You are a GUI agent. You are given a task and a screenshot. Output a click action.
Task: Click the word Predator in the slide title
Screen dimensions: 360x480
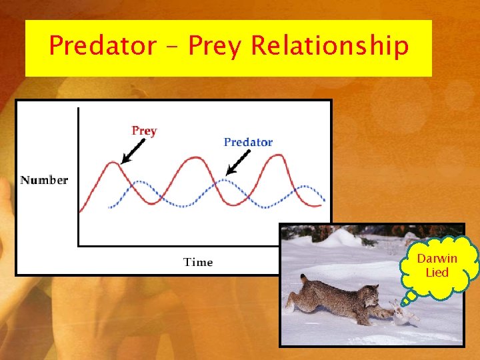102,46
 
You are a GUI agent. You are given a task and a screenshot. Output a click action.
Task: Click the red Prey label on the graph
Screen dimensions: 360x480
144,131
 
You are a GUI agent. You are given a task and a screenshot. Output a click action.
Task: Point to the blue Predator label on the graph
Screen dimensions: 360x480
248,142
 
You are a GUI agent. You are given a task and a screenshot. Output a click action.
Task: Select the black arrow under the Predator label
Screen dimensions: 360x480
239,162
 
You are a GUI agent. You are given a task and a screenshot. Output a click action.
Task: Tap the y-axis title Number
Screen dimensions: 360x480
44,180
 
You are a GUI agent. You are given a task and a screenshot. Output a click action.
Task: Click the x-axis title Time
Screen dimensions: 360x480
198,262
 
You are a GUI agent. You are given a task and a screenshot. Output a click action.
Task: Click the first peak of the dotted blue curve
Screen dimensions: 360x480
138,181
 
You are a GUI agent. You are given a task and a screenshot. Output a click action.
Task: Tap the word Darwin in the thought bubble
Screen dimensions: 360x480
437,259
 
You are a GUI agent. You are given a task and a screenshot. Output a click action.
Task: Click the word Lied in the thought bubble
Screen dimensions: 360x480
437,272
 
